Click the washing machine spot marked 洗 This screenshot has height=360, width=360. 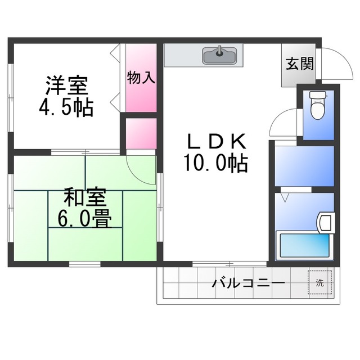coord(319,282)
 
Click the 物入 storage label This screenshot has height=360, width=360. coord(141,78)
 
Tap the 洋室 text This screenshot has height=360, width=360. coord(66,87)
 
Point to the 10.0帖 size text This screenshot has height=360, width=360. coord(215,163)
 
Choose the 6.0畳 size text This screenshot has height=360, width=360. coord(85,218)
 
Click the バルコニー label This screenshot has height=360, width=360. coord(248,283)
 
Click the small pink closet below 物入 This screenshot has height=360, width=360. coord(141,134)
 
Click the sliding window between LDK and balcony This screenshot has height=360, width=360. coord(229,263)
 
